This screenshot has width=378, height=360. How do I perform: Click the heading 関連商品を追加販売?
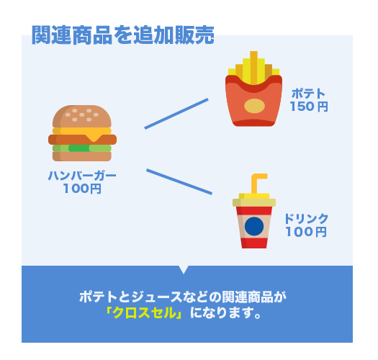point(123,35)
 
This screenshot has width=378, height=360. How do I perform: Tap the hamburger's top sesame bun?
point(82,116)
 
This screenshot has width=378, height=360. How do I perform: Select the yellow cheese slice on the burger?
point(82,132)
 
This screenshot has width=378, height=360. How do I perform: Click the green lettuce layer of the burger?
point(82,148)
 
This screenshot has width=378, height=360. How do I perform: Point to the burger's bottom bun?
point(82,156)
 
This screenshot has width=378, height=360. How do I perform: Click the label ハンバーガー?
point(82,176)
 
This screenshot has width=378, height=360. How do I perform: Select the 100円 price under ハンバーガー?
point(82,189)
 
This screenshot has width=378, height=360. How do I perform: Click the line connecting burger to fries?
point(176,114)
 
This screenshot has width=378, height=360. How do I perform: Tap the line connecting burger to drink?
point(179,181)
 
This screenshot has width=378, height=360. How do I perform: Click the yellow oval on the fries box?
point(254,106)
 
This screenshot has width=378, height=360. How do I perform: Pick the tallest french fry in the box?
point(253,68)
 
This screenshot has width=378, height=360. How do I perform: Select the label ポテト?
point(309,94)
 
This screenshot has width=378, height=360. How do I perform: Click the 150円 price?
point(309,107)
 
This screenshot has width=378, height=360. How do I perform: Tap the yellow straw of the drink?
point(258,182)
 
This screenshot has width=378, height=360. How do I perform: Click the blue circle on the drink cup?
point(254,226)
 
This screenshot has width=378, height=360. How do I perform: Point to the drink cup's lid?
point(254,200)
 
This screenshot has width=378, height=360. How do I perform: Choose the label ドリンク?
point(307,218)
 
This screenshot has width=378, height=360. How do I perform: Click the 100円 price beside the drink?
point(306,232)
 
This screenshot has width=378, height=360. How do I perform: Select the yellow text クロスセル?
point(145,313)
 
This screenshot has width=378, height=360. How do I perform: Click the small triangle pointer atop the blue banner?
point(184,269)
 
